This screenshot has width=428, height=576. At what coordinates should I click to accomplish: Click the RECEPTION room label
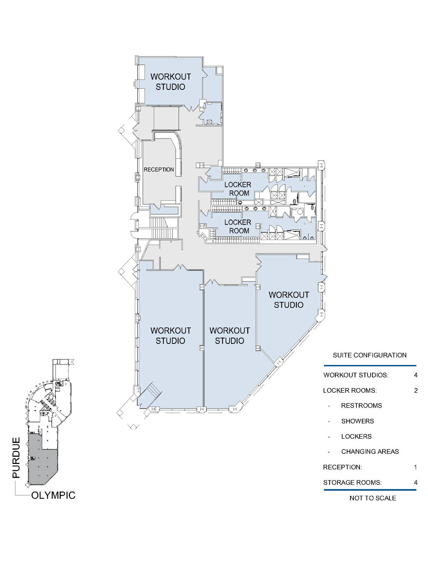coord(159,169)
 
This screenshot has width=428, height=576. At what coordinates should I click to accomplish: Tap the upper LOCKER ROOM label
coord(238,189)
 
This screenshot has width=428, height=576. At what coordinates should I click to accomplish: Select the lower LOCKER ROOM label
coord(238,226)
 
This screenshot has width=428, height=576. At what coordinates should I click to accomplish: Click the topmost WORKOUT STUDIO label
coord(170,81)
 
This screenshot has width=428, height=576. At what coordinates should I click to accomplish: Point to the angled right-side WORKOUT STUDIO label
coord(289,300)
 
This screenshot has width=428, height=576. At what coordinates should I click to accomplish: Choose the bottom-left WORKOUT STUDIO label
coord(170,335)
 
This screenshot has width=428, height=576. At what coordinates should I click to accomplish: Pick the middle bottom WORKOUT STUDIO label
coord(229,335)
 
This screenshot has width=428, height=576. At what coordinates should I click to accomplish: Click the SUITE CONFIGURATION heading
coord(369,355)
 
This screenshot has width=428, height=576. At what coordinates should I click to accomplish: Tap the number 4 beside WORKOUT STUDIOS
coord(415,375)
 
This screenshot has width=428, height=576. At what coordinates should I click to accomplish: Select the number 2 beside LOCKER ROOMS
coord(415,391)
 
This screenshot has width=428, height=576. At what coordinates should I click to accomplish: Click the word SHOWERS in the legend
coord(357,421)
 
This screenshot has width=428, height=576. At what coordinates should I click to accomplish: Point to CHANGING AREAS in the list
coord(370,452)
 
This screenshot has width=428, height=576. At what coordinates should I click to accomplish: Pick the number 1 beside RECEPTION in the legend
coord(415,467)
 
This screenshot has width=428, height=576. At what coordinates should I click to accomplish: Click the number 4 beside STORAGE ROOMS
coord(415,483)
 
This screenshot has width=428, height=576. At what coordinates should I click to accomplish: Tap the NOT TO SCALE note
coord(373,498)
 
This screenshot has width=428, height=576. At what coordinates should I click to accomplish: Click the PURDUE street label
coord(16,457)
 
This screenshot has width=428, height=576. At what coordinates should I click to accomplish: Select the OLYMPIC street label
coord(53,495)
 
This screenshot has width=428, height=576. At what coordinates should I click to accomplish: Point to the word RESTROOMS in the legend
coord(361,406)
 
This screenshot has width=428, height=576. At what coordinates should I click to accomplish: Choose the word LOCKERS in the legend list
coord(356,436)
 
